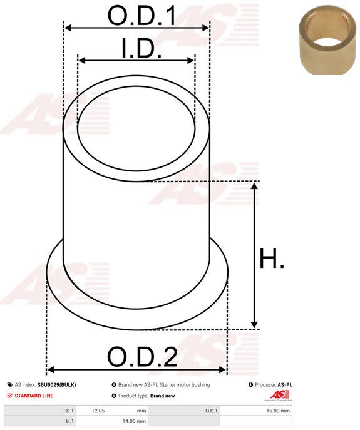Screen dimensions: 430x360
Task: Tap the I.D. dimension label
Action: tap(141, 49)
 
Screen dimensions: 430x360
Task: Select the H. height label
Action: tap(272, 259)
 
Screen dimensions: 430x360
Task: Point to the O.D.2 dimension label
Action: tap(142, 357)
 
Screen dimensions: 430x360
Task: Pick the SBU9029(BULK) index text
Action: tap(56, 385)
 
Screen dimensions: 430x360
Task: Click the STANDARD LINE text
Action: tap(34, 396)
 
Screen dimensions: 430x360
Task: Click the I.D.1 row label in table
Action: tap(68, 411)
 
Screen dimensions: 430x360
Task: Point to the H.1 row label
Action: tap(69, 422)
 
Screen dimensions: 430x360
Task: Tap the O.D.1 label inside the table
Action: tap(211, 411)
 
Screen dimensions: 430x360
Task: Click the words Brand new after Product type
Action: tap(162, 396)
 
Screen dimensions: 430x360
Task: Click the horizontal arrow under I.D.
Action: tap(136, 61)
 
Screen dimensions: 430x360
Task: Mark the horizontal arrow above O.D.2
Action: tap(136, 370)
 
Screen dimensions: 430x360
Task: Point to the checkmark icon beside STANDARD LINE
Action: tap(9, 396)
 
